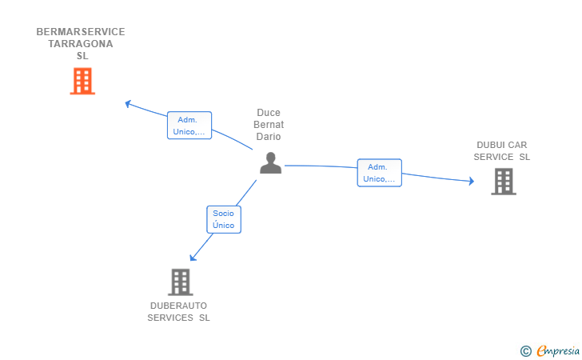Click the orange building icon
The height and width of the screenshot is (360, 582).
click(82, 81)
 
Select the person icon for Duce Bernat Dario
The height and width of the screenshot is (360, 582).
click(270, 162)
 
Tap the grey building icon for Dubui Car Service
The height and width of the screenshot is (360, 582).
click(504, 182)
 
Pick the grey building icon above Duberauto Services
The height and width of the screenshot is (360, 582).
click(181, 282)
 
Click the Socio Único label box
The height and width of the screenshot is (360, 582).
click(224, 219)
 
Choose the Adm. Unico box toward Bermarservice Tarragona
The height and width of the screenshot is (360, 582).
click(189, 126)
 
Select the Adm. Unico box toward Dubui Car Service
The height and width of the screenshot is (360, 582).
click(379, 173)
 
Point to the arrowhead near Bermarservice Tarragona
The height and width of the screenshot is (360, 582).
click(128, 104)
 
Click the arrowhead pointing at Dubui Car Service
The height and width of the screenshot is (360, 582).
click(472, 181)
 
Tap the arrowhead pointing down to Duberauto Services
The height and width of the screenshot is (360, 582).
click(193, 257)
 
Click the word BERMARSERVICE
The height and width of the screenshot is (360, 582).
click(81, 32)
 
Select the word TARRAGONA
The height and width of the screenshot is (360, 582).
click(81, 44)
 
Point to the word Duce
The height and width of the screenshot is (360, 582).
click(269, 113)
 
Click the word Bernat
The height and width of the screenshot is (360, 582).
click(269, 125)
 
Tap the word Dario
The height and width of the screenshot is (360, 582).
click(269, 136)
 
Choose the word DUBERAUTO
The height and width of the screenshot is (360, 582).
click(178, 306)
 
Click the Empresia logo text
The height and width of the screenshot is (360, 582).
click(558, 350)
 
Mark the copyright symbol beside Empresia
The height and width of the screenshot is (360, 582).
click(526, 351)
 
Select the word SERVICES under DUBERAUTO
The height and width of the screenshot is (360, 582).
click(170, 318)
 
